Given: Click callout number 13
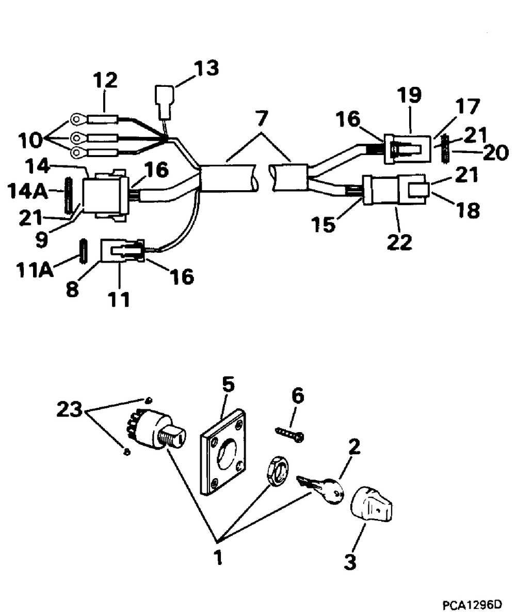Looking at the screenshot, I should point(206,68).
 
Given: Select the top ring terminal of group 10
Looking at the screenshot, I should point(78,121).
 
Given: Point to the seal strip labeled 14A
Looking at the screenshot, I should point(66,195).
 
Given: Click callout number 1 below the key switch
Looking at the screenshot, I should point(218,557).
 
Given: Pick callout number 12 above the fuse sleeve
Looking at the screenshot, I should point(105,80).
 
